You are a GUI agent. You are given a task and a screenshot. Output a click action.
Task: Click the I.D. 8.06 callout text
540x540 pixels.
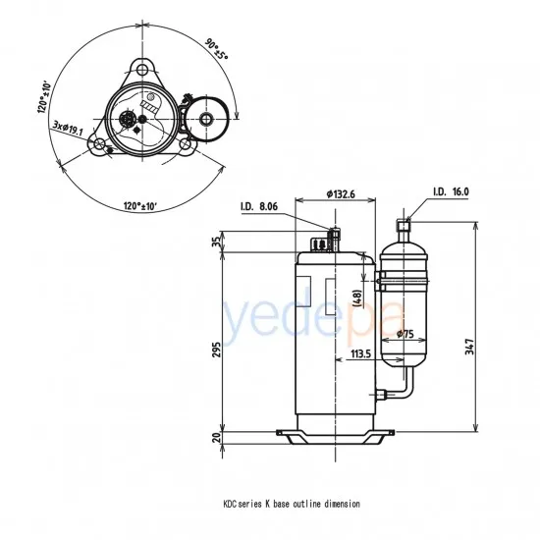click(260, 207)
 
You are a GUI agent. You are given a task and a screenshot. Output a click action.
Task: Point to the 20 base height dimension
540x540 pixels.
click(217, 436)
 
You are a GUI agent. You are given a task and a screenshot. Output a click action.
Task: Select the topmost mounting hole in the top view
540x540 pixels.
click(144, 69)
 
